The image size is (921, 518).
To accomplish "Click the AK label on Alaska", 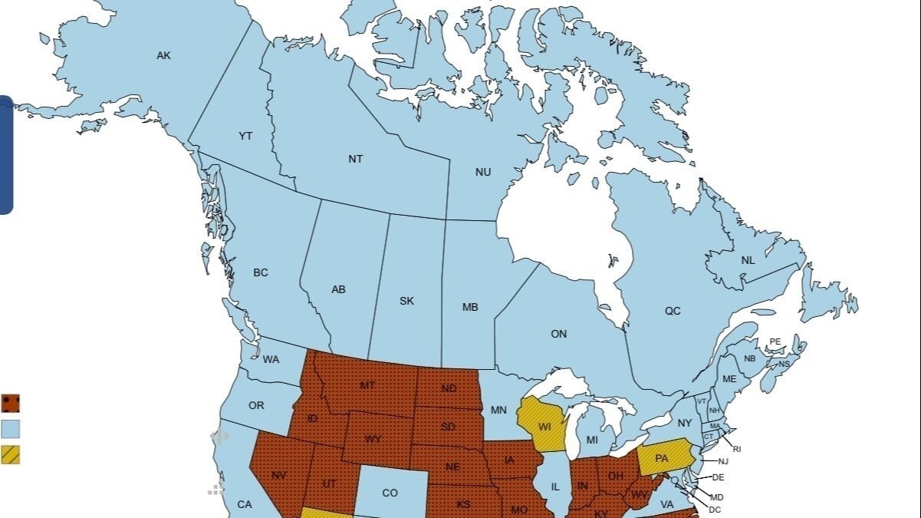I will (x=163, y=55).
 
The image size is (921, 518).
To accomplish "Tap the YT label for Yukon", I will (x=245, y=136).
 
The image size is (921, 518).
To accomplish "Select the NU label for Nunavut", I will (x=483, y=172).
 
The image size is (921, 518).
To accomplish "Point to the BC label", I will (x=261, y=272).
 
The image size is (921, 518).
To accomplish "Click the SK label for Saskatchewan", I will (x=406, y=301).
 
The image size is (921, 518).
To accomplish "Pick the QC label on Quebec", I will (x=673, y=311).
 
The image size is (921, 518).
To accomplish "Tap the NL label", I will (x=748, y=260).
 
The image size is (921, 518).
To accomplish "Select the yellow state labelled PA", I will (x=662, y=458).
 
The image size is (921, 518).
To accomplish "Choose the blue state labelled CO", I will (x=390, y=493).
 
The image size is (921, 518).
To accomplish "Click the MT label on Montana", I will (x=367, y=385).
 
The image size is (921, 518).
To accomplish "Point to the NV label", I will (x=278, y=476).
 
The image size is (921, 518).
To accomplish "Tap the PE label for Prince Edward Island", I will (x=775, y=341).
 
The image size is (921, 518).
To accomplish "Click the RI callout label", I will (x=737, y=449).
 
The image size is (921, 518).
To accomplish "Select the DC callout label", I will (x=715, y=510).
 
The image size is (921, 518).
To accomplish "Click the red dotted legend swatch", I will (x=11, y=403).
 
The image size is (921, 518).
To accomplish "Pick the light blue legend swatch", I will (x=11, y=428).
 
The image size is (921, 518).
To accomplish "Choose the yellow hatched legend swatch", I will (x=11, y=454).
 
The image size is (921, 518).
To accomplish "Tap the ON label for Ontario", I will (x=559, y=334).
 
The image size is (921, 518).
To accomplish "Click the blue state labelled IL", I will (x=555, y=487).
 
